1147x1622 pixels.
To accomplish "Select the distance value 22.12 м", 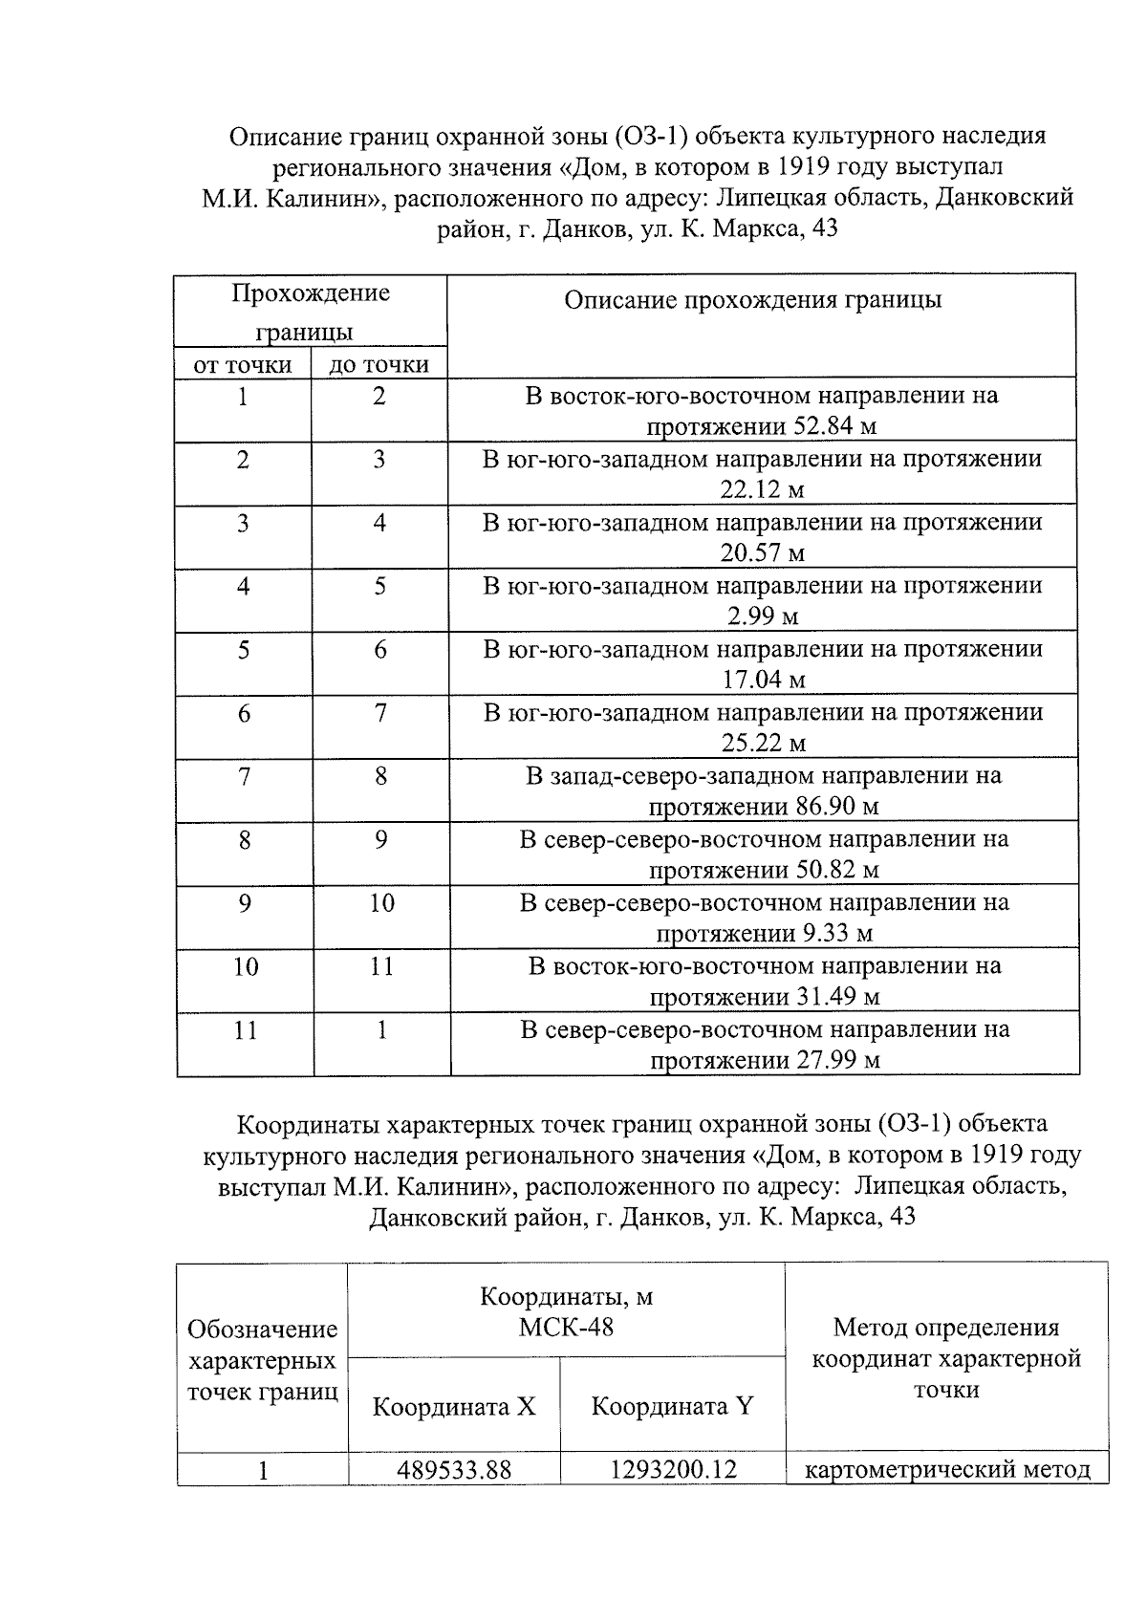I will (x=762, y=490).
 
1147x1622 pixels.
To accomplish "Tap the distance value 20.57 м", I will (x=762, y=553).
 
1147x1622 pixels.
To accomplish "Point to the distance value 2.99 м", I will (x=762, y=616).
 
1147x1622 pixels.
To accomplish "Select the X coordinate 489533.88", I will (x=454, y=1469).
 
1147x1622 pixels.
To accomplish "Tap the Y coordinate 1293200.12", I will (x=673, y=1469).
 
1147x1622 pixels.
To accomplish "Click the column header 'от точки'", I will (x=243, y=364).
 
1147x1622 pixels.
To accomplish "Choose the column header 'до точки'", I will (x=379, y=364).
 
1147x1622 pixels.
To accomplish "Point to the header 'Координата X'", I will (x=454, y=1406).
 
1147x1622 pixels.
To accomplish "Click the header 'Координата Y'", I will (x=673, y=1406).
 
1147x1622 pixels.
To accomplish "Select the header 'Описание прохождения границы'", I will (x=752, y=300).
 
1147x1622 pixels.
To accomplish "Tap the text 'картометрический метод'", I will (x=947, y=1469).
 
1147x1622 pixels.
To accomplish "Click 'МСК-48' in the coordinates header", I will (x=566, y=1327).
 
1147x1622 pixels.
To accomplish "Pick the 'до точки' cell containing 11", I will (x=380, y=966).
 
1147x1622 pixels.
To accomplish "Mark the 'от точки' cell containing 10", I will (x=245, y=966).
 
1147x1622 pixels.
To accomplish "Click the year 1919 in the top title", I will (x=803, y=166).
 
